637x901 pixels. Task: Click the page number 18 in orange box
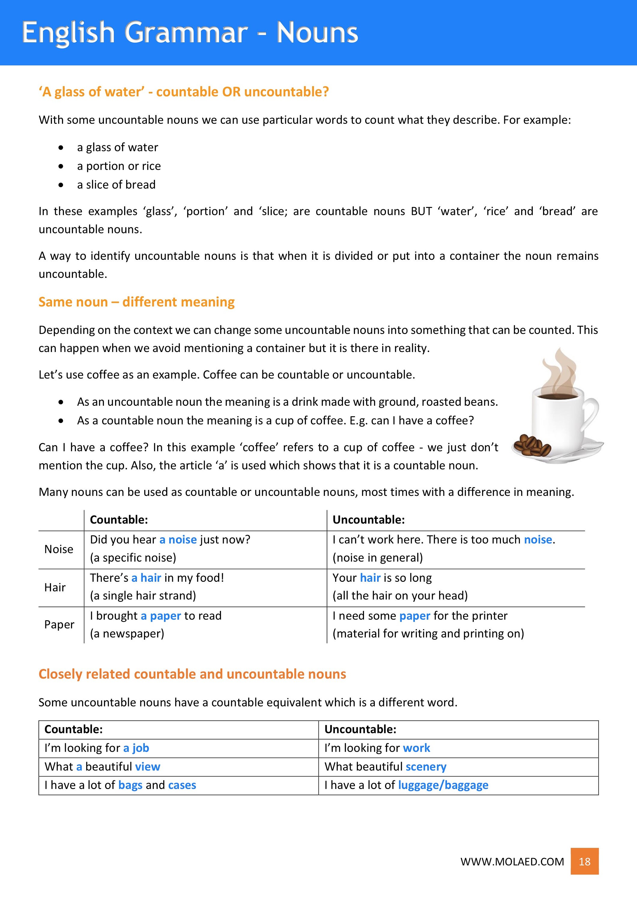point(584,861)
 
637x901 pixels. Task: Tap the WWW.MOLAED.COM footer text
point(512,862)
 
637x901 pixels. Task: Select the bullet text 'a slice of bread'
point(116,184)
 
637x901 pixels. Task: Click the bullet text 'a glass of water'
point(117,147)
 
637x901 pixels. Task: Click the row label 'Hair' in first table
point(55,587)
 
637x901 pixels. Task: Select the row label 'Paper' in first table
point(59,624)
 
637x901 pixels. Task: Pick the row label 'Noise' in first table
point(59,549)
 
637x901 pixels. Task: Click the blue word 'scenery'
point(426,766)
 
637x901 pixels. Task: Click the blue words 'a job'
point(136,748)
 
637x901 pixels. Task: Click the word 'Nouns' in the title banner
point(317,32)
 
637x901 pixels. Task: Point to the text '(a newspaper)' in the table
point(127,633)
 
